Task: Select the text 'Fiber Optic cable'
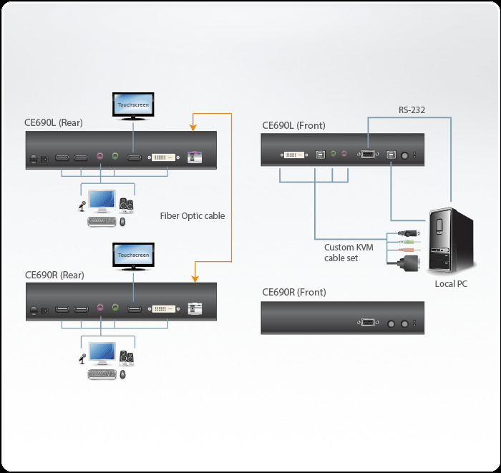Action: tap(193, 215)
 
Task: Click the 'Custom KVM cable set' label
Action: tap(348, 253)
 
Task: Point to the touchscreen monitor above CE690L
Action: tap(133, 104)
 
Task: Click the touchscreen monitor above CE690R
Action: tap(133, 255)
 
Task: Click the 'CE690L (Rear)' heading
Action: tap(54, 123)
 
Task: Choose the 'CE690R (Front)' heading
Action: tap(293, 292)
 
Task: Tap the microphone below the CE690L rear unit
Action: tap(82, 207)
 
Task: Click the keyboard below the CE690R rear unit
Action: tap(102, 374)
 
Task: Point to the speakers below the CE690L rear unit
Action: tap(127, 205)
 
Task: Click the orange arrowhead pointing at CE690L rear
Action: tap(192, 127)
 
